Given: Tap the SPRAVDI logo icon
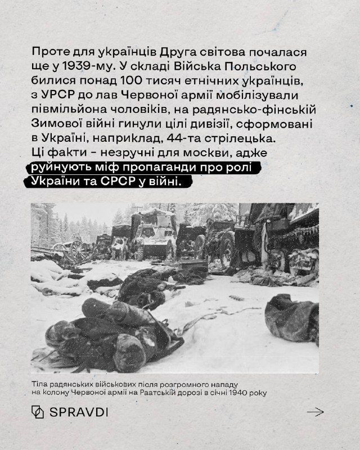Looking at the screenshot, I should [37, 412].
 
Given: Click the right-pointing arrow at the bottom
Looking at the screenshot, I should [315, 412].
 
